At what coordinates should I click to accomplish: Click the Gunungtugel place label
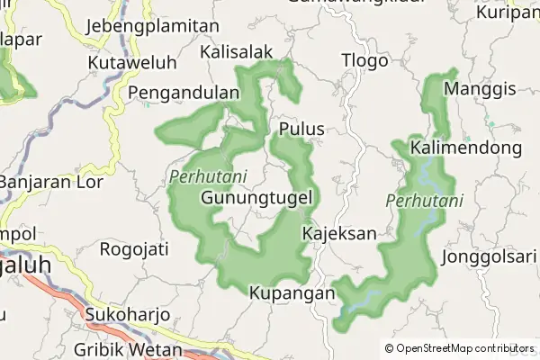(x=257, y=197)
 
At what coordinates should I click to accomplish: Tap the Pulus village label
(x=301, y=129)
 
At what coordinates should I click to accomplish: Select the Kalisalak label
(x=237, y=52)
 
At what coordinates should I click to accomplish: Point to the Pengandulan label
(x=184, y=93)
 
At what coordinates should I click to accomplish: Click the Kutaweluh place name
(x=132, y=63)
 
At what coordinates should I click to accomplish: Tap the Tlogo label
(x=364, y=61)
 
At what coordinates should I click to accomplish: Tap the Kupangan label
(x=292, y=293)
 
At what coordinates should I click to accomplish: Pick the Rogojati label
(x=134, y=248)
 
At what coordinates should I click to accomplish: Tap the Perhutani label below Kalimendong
(x=424, y=201)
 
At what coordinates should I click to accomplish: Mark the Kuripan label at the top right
(x=508, y=13)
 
